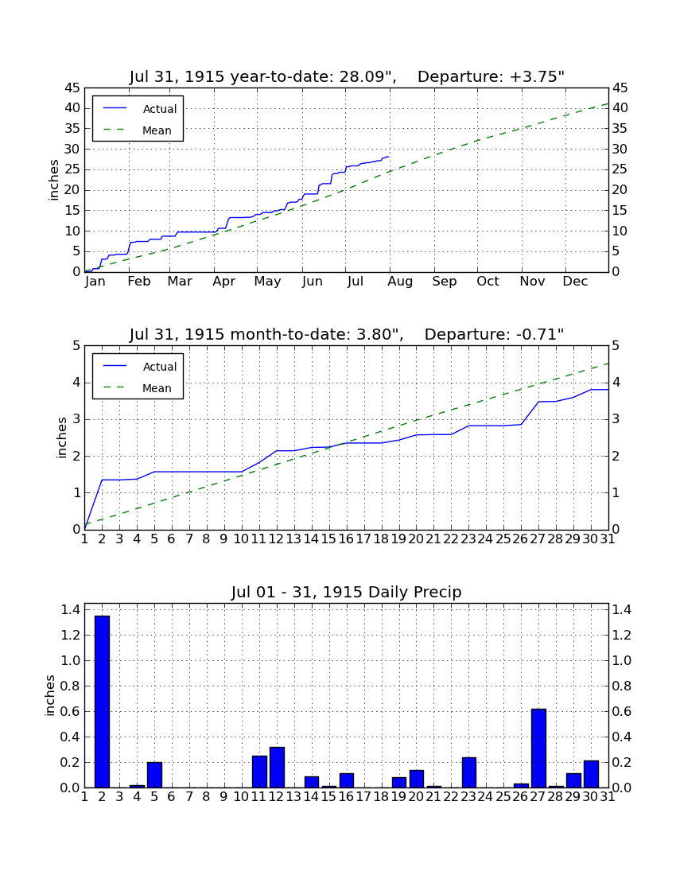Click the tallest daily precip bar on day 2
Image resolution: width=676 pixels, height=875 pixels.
pos(102,702)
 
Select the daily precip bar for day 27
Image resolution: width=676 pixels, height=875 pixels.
pos(538,748)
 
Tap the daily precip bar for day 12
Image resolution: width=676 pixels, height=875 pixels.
pos(278,768)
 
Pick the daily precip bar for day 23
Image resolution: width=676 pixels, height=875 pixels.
pos(469,772)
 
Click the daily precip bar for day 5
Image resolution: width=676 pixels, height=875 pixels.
pos(154,775)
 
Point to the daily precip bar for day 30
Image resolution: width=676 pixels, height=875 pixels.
pos(591,774)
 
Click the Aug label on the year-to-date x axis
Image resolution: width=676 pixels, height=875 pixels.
pos(401,282)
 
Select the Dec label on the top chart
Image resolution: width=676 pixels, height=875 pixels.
pos(575,282)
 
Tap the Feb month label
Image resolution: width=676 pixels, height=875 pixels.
pos(139,282)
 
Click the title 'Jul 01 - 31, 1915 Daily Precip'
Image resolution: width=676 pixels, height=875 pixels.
pos(347,592)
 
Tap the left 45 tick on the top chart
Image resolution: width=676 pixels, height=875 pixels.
pos(73,88)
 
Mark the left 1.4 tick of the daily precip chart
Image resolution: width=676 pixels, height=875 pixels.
pos(70,610)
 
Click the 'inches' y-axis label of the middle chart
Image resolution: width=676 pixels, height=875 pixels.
pos(62,438)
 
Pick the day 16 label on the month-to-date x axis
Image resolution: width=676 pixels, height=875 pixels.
pos(347,539)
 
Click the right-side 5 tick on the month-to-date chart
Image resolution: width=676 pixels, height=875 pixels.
pos(616,346)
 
